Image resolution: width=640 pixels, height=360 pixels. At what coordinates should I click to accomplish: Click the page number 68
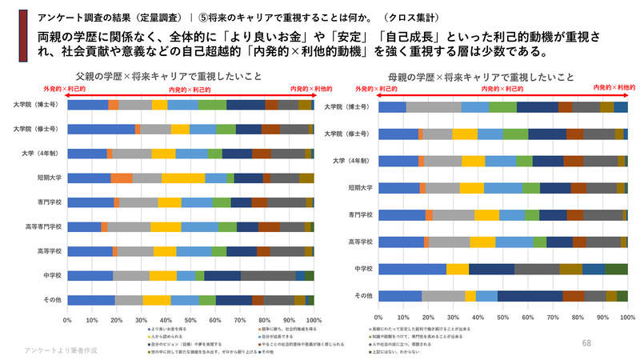[x=586, y=342]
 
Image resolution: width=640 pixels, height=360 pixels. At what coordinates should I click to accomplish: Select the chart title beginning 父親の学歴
[x=175, y=77]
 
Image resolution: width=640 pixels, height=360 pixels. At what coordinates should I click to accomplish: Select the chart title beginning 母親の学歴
[x=481, y=77]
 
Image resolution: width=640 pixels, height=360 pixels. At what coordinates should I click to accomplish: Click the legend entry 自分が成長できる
[x=262, y=335]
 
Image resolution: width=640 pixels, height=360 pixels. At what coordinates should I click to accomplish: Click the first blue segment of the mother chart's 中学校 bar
[x=411, y=269]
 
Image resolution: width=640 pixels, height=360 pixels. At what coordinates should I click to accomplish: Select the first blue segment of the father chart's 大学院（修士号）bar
[x=101, y=129]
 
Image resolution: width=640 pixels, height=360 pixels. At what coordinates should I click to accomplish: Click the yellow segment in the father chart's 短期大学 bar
[x=183, y=178]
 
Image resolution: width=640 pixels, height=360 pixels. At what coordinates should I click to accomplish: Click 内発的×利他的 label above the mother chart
[x=613, y=86]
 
